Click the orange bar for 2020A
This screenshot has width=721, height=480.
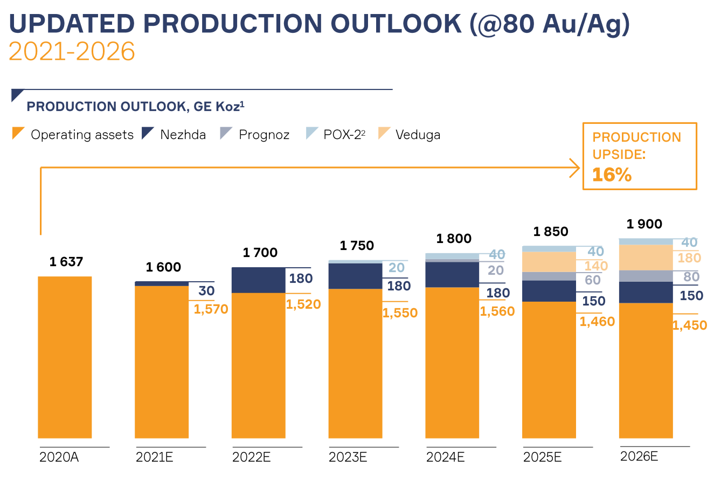[x=65, y=357]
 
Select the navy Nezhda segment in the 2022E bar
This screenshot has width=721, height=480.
[x=258, y=280]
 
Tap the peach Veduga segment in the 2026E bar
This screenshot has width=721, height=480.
[x=646, y=258]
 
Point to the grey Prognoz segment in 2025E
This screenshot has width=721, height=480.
[x=549, y=276]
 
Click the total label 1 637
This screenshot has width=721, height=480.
[x=66, y=262]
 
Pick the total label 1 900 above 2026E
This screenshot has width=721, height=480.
[x=644, y=225]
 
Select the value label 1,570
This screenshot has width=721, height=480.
[x=211, y=309]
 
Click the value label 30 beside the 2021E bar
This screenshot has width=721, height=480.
[x=206, y=291]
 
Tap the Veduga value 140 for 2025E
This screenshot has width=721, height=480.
[x=595, y=266]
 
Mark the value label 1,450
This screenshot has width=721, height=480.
[x=689, y=325]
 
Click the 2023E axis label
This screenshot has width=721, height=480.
[x=348, y=458]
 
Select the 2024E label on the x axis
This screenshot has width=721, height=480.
[x=445, y=458]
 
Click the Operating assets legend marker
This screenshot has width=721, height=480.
[x=18, y=133]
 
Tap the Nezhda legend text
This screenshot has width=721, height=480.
[x=183, y=135]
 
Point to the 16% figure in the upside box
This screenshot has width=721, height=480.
[x=612, y=175]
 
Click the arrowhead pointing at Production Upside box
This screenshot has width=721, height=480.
[x=576, y=168]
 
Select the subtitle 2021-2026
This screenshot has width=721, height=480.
[x=72, y=52]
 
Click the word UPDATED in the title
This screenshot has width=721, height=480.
[x=72, y=24]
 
